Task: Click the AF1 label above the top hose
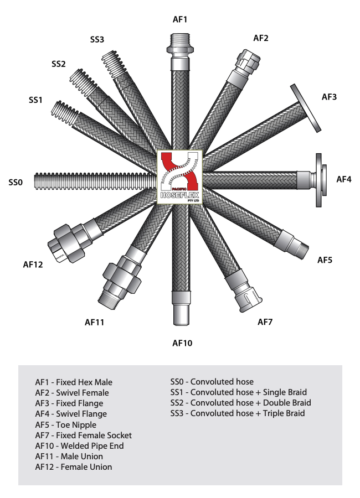point(181,19)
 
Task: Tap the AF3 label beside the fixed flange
point(329,97)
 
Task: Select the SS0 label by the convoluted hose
point(17,182)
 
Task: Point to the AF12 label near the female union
point(33,264)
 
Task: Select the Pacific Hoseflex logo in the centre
point(180,177)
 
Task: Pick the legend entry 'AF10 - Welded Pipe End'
point(79,446)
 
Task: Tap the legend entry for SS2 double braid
point(240,402)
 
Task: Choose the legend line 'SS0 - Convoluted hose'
point(212,382)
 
